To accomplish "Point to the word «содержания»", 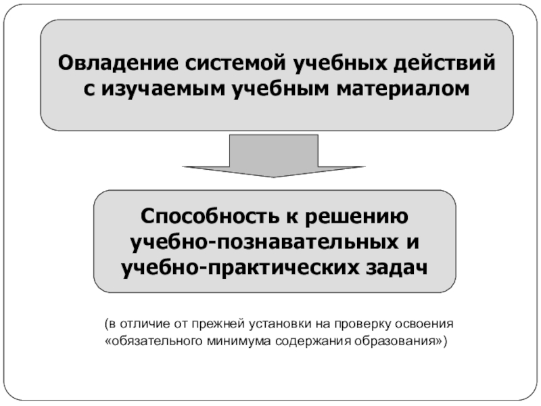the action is pyautogui.click(x=310, y=340).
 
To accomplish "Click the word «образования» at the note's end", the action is pyautogui.click(x=393, y=340).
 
